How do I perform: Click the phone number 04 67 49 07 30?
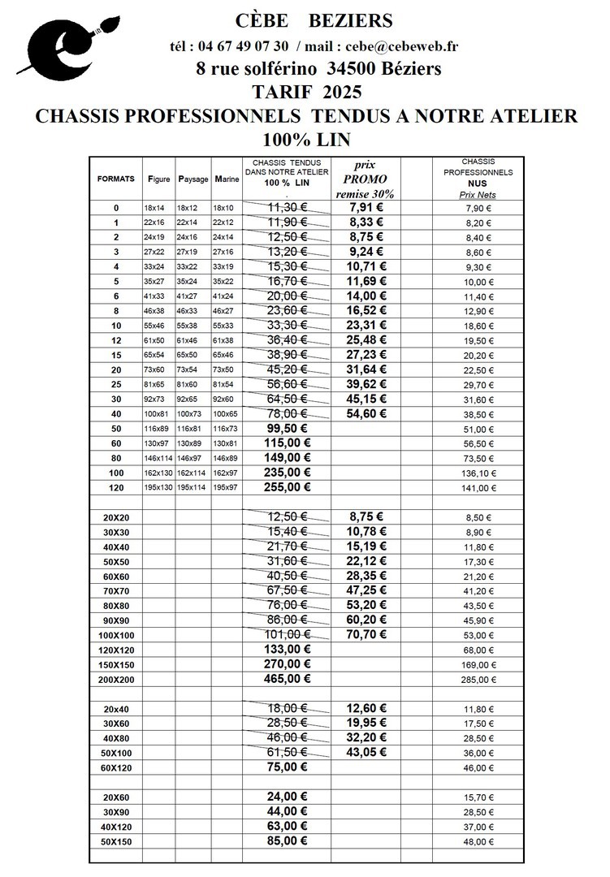point(253,46)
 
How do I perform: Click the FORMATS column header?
point(116,179)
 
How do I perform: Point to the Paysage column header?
point(193,179)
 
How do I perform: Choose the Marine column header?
point(226,179)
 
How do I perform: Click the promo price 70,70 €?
point(365,634)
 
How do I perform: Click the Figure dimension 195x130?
point(158,488)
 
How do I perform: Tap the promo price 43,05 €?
point(365,753)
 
